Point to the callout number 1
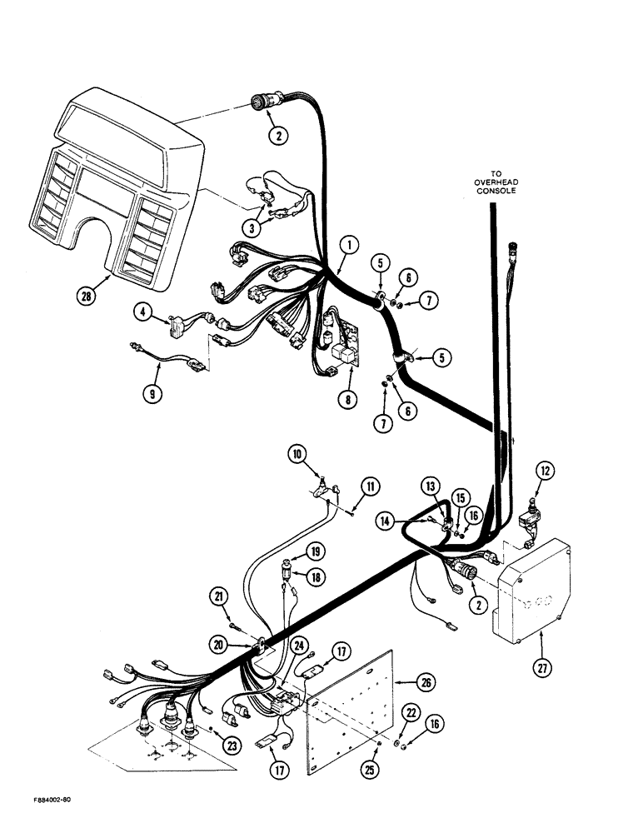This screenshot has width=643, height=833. click(350, 244)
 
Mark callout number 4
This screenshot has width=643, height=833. click(147, 313)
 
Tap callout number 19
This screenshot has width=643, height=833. click(295, 552)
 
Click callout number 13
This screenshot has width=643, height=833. click(430, 486)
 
